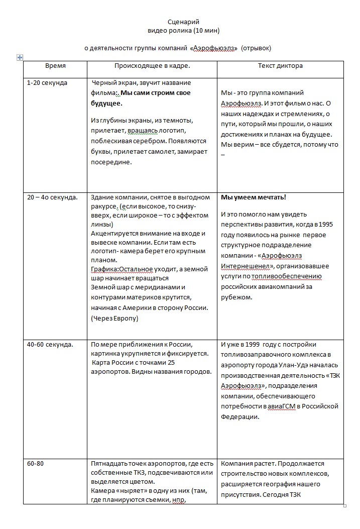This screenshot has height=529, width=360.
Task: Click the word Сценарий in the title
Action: click(183, 22)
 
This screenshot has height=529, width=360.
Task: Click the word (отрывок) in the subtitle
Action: click(256, 48)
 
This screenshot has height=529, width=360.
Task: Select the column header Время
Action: click(55, 66)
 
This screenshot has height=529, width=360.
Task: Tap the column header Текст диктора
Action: click(280, 66)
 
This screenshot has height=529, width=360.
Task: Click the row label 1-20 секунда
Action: click(47, 83)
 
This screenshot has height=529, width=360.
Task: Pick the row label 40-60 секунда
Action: click(50, 345)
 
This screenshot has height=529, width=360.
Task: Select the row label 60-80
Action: click(35, 463)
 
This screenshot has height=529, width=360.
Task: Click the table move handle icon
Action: click(20, 58)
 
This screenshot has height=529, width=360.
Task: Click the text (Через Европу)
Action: click(114, 318)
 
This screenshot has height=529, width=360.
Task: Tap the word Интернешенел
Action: click(243, 266)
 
